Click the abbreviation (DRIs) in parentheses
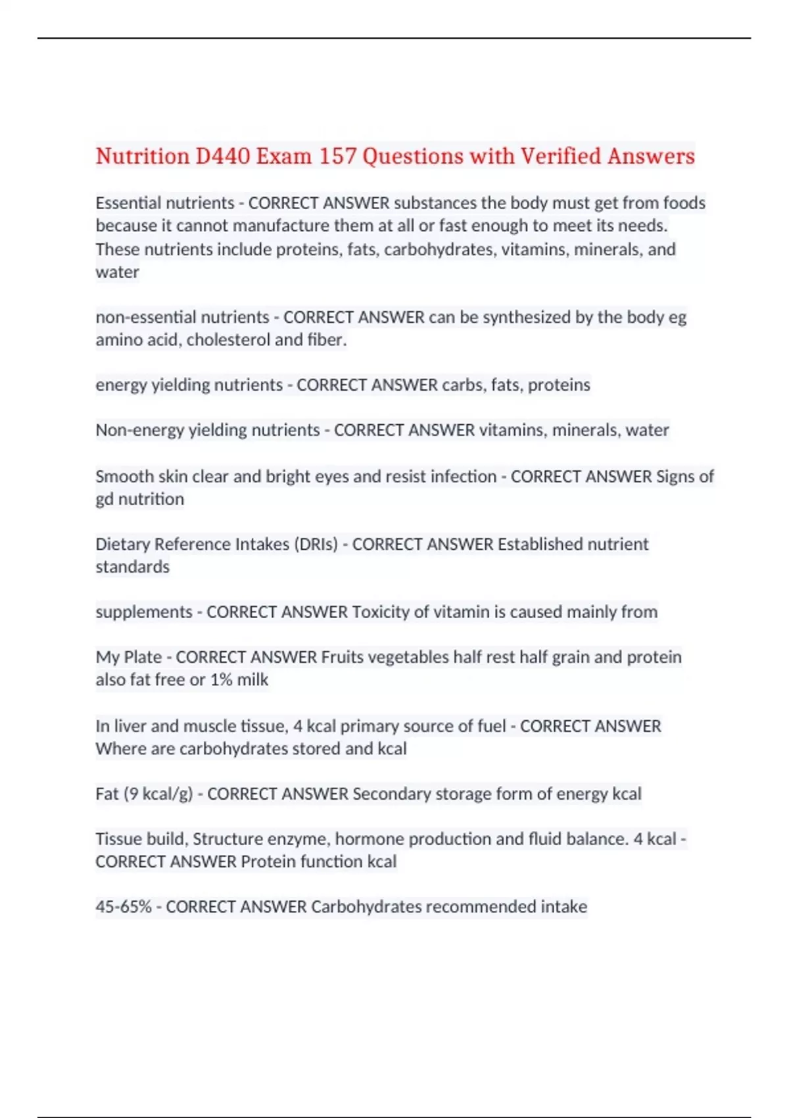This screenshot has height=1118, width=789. coord(316,545)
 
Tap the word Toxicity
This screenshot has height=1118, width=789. coord(381,612)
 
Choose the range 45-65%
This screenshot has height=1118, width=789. coord(124,907)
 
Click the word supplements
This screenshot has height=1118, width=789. coord(144,612)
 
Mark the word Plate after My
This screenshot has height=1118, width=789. coord(143,658)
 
